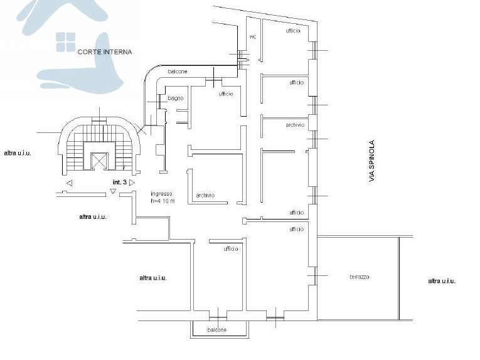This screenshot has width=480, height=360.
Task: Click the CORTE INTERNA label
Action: [x=105, y=52]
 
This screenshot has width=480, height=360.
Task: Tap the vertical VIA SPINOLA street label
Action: [x=371, y=161]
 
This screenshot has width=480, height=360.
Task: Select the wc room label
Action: [x=253, y=37]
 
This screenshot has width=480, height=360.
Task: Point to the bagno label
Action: [x=176, y=98]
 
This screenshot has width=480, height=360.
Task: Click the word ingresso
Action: [x=161, y=194]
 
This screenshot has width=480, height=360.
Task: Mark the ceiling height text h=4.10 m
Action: [x=163, y=201]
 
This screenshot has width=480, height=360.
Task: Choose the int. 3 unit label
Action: [x=120, y=183]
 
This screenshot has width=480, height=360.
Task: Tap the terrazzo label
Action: [x=360, y=277]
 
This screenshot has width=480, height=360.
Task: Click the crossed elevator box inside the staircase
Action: [x=100, y=161]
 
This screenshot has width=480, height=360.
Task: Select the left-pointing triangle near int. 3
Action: [x=70, y=183]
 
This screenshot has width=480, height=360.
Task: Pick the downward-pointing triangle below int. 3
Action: [x=113, y=191]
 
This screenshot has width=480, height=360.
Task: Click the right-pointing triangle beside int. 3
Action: [x=132, y=183]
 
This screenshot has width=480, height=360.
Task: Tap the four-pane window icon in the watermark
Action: [x=65, y=42]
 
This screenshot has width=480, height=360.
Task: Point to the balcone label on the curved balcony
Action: [x=178, y=71]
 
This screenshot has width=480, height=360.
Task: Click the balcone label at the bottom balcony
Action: [x=217, y=330]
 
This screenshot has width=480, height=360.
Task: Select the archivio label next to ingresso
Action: [x=205, y=195]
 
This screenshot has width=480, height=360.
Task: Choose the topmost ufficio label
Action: [x=293, y=31]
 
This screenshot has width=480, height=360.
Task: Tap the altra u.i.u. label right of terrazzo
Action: [x=442, y=281]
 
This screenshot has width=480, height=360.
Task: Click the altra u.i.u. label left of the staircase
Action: [x=18, y=153]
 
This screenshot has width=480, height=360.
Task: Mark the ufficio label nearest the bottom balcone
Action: [x=231, y=249]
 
